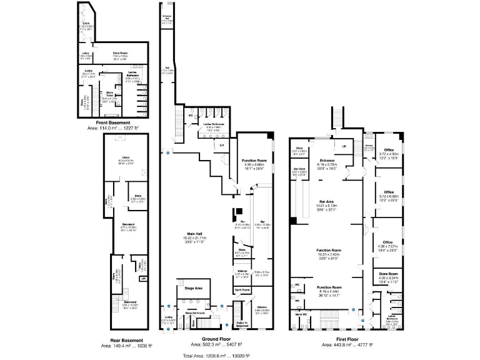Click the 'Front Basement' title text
coord(114,122)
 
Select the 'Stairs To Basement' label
coord(241,322)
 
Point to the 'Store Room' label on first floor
coord(388,273)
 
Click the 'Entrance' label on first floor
coord(327,160)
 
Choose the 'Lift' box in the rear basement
coord(144,279)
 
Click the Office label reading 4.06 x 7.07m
coord(388,242)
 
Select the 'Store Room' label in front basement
coord(121,53)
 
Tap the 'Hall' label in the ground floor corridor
coord(167,67)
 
